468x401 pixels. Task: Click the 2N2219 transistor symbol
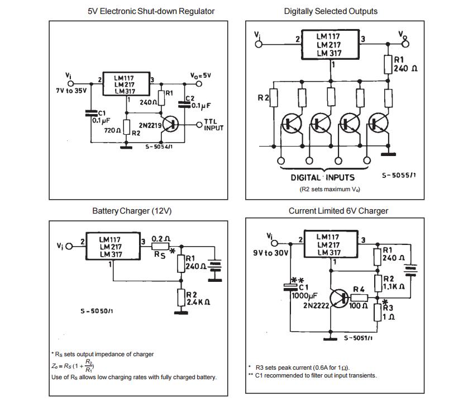click(170, 124)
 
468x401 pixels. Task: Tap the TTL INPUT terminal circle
click(199, 125)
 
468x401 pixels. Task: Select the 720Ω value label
click(113, 130)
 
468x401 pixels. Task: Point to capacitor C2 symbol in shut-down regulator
click(184, 105)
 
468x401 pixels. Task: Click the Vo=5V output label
click(200, 76)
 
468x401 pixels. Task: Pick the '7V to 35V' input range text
click(71, 91)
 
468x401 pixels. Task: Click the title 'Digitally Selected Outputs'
click(331, 11)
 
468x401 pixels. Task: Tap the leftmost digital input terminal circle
click(281, 161)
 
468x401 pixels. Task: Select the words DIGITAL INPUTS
click(323, 177)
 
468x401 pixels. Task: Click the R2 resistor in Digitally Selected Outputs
click(274, 98)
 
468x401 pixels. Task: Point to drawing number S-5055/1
click(399, 176)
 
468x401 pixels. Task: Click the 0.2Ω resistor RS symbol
click(161, 246)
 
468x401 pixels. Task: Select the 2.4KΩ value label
click(198, 302)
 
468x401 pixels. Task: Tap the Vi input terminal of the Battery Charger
click(69, 247)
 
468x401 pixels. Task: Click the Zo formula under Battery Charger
click(73, 366)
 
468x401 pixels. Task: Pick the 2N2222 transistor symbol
click(339, 298)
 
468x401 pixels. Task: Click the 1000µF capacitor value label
click(305, 296)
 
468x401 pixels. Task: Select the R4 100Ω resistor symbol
click(359, 298)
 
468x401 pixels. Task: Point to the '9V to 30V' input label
click(271, 253)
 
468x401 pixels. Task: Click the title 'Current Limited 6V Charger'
click(338, 211)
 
